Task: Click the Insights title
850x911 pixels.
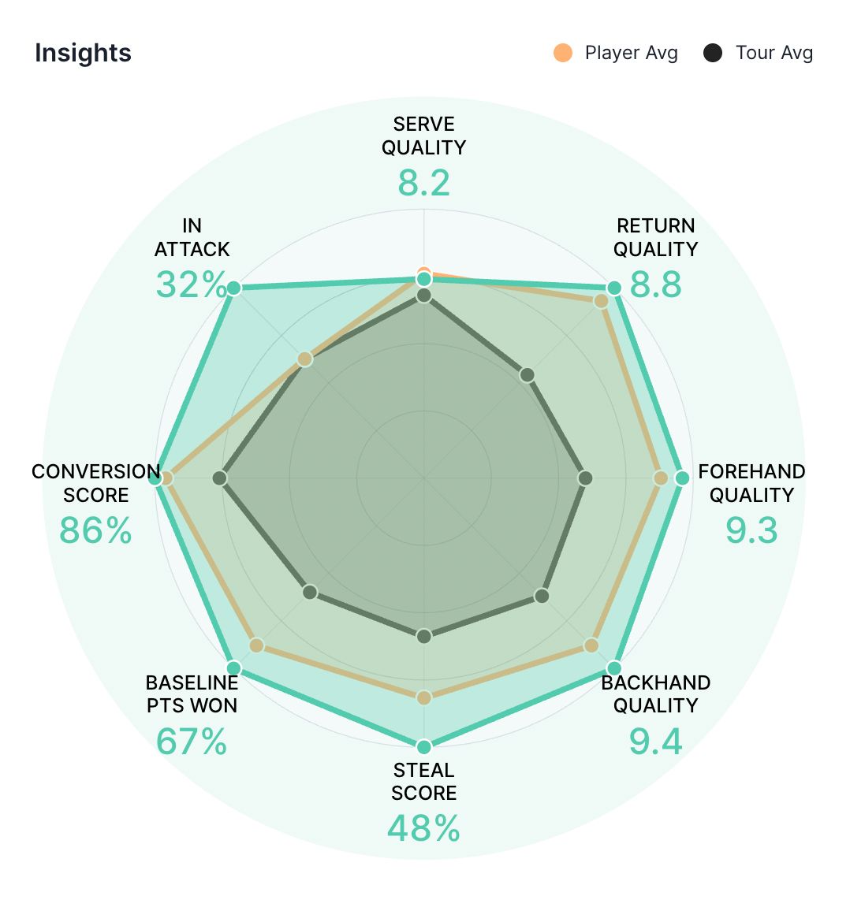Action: tap(83, 53)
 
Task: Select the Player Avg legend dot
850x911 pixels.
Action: tap(562, 53)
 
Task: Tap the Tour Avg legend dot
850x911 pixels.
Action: tap(713, 53)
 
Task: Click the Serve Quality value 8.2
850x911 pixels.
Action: tap(424, 183)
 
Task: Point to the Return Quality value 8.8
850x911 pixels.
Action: tap(655, 284)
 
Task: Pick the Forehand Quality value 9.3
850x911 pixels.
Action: tap(751, 530)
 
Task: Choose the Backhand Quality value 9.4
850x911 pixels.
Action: tap(655, 742)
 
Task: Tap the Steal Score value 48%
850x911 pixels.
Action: tap(424, 829)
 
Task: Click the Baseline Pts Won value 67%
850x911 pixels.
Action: tap(192, 742)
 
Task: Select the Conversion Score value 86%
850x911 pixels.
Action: tap(95, 530)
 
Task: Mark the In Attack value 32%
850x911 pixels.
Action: tap(192, 284)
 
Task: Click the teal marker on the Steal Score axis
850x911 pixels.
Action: tap(424, 746)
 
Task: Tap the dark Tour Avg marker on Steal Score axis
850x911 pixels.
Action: tap(424, 636)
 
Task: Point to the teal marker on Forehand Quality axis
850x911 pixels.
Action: tap(682, 478)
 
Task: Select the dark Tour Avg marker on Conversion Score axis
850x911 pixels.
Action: tap(220, 478)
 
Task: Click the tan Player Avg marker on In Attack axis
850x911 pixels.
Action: tap(305, 360)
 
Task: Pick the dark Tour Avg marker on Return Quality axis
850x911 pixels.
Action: tap(528, 374)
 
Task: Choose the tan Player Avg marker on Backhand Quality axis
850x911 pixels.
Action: tap(591, 646)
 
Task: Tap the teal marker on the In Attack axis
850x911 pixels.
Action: tap(233, 288)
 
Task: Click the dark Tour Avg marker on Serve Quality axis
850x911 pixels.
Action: tap(424, 296)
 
